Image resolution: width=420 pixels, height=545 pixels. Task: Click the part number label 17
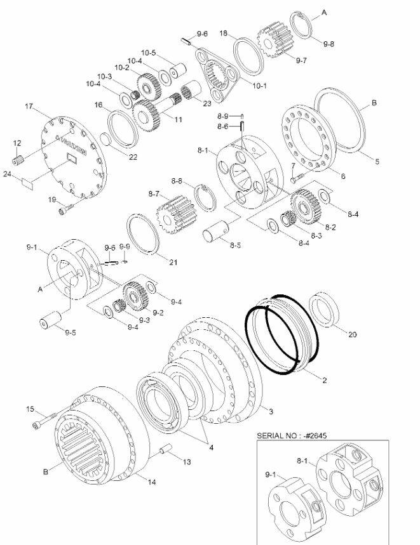coord(29,106)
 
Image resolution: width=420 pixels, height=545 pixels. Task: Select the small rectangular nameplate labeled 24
coord(27,183)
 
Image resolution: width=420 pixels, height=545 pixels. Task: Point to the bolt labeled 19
coord(67,209)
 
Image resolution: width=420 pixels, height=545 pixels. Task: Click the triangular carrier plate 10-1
coord(217,75)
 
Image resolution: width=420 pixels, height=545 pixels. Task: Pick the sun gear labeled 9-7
coord(276,40)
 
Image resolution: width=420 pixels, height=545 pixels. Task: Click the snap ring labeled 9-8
coord(302,23)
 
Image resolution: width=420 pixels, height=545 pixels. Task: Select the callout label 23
coord(207,103)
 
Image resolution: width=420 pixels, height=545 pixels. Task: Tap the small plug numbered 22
coord(105,140)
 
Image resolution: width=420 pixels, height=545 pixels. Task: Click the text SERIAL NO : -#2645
coord(292,435)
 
